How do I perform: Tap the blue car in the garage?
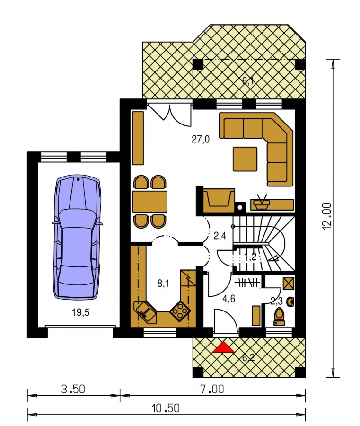pos(78,237)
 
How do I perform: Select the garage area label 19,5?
pos(80,312)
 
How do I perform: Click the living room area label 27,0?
pos(201,139)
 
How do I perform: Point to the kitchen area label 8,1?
pos(163,284)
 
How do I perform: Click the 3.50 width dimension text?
pos(73,389)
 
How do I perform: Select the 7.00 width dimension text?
pos(212,389)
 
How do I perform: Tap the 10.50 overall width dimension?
pos(166,408)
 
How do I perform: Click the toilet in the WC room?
pos(280,316)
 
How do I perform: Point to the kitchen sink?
pos(145,312)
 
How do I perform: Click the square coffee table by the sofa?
pos(245,159)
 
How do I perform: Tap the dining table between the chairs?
pos(150,201)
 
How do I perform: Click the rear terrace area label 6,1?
pos(248,80)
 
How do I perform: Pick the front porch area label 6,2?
pos(248,357)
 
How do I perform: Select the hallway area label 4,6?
pos(228,299)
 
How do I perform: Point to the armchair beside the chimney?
pos(219,200)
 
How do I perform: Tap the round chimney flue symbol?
pos(240,208)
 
